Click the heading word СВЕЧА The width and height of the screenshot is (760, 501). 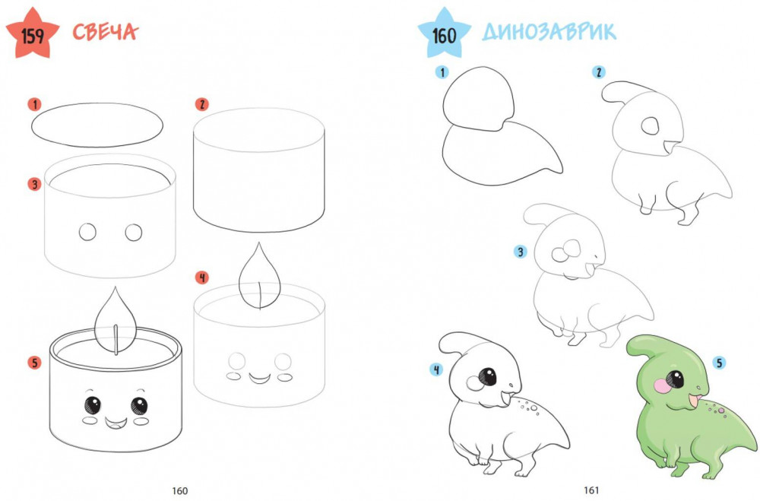tap(105, 32)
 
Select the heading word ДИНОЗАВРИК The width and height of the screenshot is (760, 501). tap(549, 32)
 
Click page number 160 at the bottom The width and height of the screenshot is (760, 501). tap(180, 491)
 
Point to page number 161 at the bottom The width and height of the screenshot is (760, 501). tap(591, 490)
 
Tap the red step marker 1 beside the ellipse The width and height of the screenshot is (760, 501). tap(34, 104)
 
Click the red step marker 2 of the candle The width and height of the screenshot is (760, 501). tap(201, 104)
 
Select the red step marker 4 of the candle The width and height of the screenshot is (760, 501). tap(201, 277)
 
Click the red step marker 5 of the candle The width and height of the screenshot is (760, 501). tap(34, 363)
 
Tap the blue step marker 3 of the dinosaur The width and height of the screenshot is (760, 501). tap(521, 252)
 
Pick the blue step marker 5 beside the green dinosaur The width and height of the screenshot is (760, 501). tap(719, 363)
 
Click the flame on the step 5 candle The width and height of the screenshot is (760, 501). tap(116, 320)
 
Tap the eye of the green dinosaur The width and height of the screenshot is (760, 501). tap(674, 379)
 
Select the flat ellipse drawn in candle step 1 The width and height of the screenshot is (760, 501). tap(97, 125)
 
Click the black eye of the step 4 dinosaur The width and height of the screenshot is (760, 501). tap(488, 377)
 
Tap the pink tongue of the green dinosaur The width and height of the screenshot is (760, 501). tap(694, 401)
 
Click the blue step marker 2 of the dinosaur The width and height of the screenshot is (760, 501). tap(599, 72)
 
